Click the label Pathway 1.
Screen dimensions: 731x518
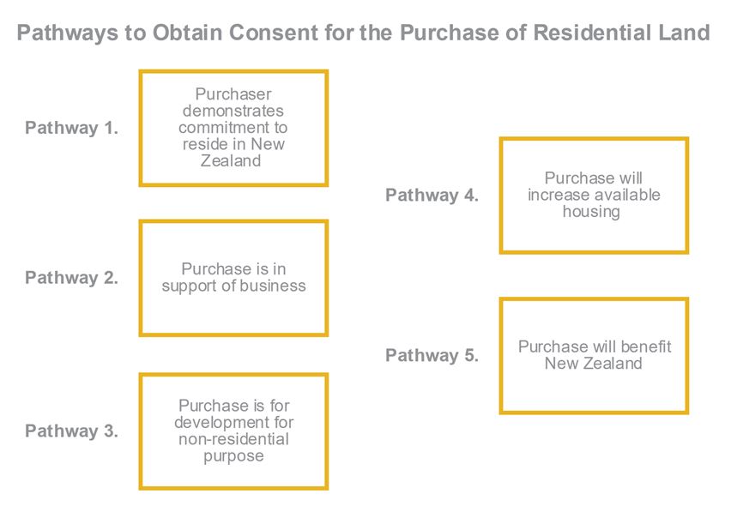pyautogui.click(x=71, y=128)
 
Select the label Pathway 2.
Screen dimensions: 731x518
pyautogui.click(x=71, y=278)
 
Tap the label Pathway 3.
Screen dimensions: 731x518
pyautogui.click(x=71, y=431)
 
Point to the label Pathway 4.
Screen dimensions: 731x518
pyautogui.click(x=432, y=196)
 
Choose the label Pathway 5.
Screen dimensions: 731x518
pyautogui.click(x=432, y=355)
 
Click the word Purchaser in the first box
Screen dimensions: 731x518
pyautogui.click(x=233, y=94)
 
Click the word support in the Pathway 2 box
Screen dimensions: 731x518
pyautogui.click(x=190, y=286)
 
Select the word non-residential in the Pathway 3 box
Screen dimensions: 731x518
pyautogui.click(x=233, y=439)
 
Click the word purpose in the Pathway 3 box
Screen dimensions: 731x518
pyautogui.click(x=233, y=456)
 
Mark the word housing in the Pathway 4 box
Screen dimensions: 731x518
pyautogui.click(x=591, y=212)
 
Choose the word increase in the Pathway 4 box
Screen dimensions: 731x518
pyautogui.click(x=555, y=195)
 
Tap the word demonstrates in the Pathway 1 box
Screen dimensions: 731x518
pyautogui.click(x=233, y=111)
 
